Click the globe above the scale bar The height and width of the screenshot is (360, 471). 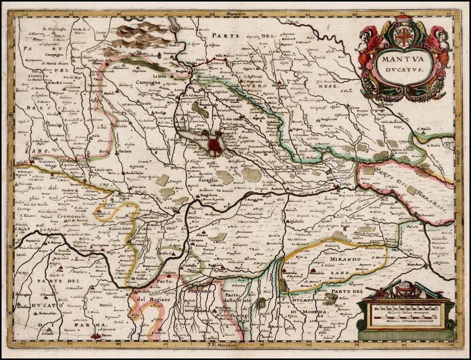pos(403,289)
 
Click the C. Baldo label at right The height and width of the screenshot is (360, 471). pos(423,129)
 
